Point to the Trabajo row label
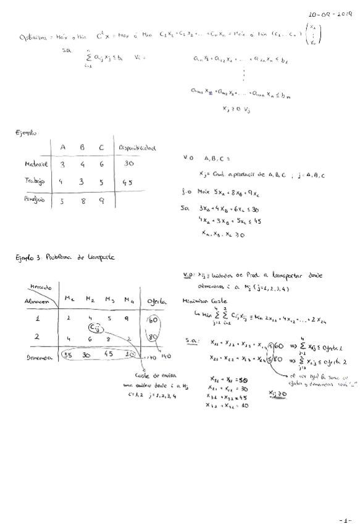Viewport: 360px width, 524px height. (x=28, y=182)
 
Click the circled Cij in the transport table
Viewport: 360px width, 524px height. (x=94, y=327)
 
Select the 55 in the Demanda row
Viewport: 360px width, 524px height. (x=69, y=356)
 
